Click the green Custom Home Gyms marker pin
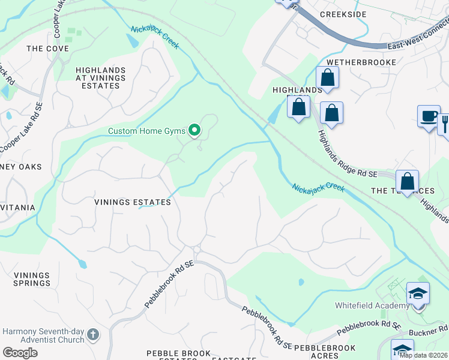(194, 130)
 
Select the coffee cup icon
(429, 116)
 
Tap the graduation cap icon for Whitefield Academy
(418, 293)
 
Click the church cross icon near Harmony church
(92, 334)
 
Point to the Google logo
(20, 352)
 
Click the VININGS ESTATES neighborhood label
(132, 202)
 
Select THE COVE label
(44, 49)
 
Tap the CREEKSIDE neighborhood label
(342, 13)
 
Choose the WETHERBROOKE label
(361, 62)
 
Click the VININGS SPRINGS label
(32, 279)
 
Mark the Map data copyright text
(424, 355)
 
